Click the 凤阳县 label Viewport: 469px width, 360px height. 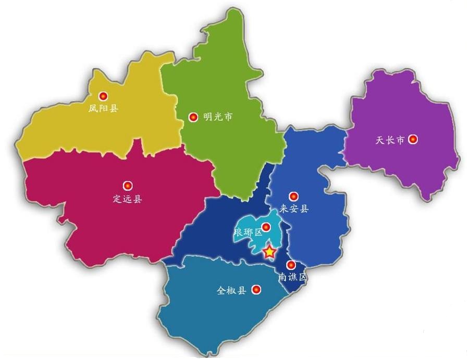(x=103, y=109)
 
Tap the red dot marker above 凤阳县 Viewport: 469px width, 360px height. (x=103, y=96)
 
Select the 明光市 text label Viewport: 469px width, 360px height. (x=217, y=117)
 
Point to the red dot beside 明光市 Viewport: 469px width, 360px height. (x=193, y=117)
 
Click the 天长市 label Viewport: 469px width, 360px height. (x=389, y=140)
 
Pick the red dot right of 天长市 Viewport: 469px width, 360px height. (x=413, y=140)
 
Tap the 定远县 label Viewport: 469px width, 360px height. (x=127, y=198)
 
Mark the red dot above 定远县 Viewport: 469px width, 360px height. (x=128, y=185)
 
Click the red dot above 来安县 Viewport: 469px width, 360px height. (x=294, y=196)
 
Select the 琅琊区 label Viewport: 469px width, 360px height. (x=248, y=232)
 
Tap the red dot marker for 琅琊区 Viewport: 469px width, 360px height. (x=266, y=227)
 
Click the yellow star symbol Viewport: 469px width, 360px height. (x=269, y=252)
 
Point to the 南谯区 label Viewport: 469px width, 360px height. (x=292, y=277)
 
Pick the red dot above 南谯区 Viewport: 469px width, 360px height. (x=291, y=265)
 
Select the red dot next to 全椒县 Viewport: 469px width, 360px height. (x=256, y=290)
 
